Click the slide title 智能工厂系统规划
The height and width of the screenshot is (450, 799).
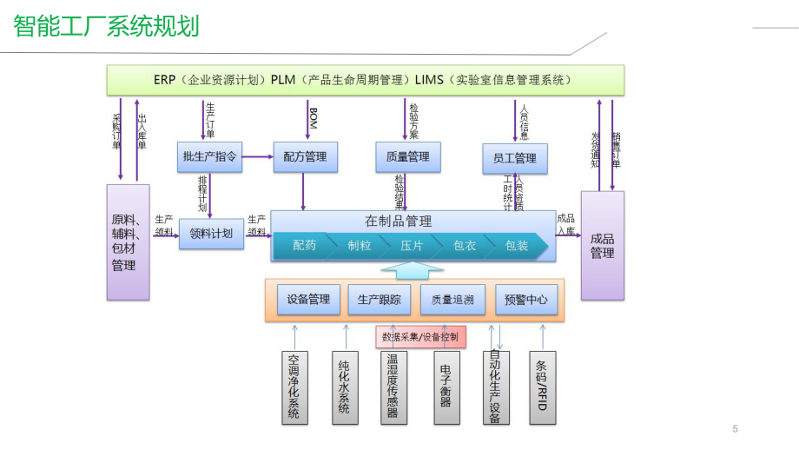click(106, 26)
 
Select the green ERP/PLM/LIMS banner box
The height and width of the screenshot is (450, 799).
click(365, 81)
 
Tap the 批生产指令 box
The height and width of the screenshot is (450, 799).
click(209, 157)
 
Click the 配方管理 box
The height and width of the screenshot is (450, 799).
click(305, 157)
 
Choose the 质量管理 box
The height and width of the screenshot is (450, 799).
click(407, 157)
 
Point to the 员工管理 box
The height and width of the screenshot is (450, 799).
click(515, 158)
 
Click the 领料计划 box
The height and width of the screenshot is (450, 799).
click(211, 234)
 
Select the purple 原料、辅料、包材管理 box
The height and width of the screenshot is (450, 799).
click(128, 242)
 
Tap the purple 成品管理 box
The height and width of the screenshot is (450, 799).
click(602, 245)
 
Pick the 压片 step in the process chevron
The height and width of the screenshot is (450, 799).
click(412, 246)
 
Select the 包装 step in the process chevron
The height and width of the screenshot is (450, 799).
click(518, 246)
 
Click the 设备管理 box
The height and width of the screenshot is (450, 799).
click(308, 300)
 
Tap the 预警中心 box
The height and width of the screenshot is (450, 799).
click(526, 300)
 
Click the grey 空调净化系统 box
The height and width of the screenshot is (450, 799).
click(294, 387)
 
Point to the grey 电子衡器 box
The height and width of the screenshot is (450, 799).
click(446, 387)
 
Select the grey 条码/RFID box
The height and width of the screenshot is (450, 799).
click(543, 387)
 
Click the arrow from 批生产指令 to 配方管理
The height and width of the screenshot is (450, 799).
click(257, 157)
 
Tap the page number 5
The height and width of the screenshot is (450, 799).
click(735, 428)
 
